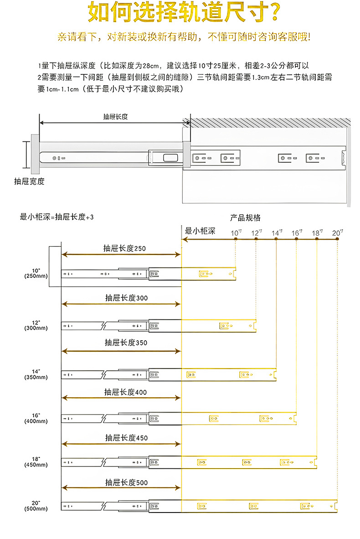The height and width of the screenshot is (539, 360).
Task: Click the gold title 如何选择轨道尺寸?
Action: (x=184, y=12)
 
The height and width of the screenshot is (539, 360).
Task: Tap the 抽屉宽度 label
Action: (x=30, y=181)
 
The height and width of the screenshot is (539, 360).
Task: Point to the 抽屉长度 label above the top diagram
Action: (x=115, y=117)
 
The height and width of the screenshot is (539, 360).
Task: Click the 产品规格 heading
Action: (x=245, y=218)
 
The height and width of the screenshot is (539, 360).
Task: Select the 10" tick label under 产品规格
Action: (x=236, y=233)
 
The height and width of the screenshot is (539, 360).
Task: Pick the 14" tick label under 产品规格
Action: (x=277, y=233)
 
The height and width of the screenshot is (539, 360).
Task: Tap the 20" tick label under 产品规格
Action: (x=337, y=233)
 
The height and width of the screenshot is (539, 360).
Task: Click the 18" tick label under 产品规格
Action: (x=317, y=233)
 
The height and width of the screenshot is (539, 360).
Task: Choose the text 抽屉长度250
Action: (x=124, y=248)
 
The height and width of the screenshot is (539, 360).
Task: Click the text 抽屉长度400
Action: (x=125, y=392)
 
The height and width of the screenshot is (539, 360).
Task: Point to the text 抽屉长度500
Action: (x=126, y=482)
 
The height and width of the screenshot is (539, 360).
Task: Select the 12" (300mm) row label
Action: (x=36, y=325)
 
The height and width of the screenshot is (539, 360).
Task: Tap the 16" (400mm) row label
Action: (x=36, y=418)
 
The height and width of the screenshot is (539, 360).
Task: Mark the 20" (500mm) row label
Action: (x=36, y=506)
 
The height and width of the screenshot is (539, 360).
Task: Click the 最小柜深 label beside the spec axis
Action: (x=200, y=231)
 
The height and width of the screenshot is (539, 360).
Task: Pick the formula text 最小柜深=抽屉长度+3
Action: (x=57, y=217)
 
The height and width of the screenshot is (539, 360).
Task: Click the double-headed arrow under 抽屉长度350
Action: (x=121, y=351)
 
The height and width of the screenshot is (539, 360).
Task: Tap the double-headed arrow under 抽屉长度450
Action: (x=121, y=444)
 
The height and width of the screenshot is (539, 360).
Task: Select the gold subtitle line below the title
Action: (x=184, y=37)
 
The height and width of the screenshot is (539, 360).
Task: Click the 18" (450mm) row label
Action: (x=36, y=462)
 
